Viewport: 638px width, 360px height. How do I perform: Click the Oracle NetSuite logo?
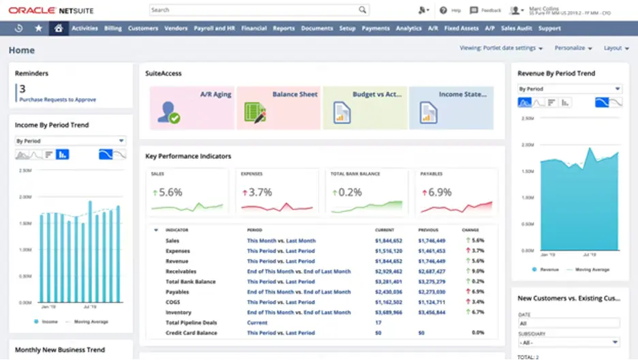pyautogui.click(x=51, y=10)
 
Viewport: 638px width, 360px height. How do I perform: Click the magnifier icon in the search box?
pyautogui.click(x=363, y=10)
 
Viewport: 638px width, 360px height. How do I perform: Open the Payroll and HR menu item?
pyautogui.click(x=214, y=29)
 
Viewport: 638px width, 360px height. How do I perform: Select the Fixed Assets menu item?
pyautogui.click(x=461, y=29)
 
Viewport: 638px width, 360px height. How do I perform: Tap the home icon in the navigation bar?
pyautogui.click(x=59, y=29)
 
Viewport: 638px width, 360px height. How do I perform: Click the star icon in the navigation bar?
pyautogui.click(x=38, y=29)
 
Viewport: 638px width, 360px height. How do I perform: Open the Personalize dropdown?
pyautogui.click(x=573, y=48)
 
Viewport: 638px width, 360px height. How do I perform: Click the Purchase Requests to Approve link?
pyautogui.click(x=57, y=100)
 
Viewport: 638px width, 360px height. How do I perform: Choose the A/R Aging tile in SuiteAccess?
pyautogui.click(x=192, y=108)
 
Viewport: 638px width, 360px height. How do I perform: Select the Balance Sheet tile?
pyautogui.click(x=278, y=108)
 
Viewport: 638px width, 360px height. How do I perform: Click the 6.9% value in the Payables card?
pyautogui.click(x=440, y=192)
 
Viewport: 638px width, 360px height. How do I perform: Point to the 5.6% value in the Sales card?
pyautogui.click(x=170, y=192)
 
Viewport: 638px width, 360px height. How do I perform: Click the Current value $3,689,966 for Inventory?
pyautogui.click(x=389, y=312)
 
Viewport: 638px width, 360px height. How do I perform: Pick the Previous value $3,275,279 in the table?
pyautogui.click(x=431, y=282)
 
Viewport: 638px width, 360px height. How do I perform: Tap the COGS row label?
pyautogui.click(x=173, y=302)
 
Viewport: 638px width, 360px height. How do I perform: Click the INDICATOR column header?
pyautogui.click(x=177, y=230)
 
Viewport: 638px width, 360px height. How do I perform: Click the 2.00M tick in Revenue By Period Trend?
pyautogui.click(x=528, y=145)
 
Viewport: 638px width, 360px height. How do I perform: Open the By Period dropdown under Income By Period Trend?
pyautogui.click(x=70, y=141)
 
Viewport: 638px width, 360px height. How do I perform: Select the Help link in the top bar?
pyautogui.click(x=451, y=10)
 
